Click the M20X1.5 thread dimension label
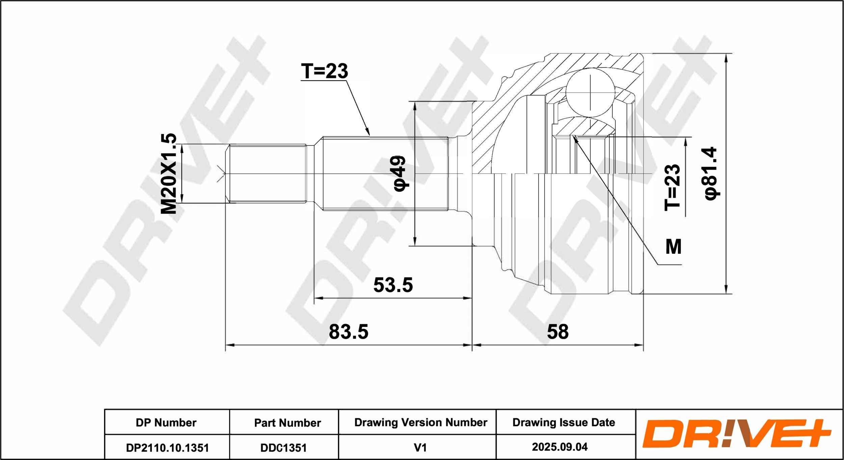pyautogui.click(x=168, y=174)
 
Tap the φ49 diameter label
pyautogui.click(x=400, y=173)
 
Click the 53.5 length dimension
pyautogui.click(x=393, y=285)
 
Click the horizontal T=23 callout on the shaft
pyautogui.click(x=324, y=71)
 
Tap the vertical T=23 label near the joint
pyautogui.click(x=672, y=188)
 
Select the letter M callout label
pyautogui.click(x=673, y=247)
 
